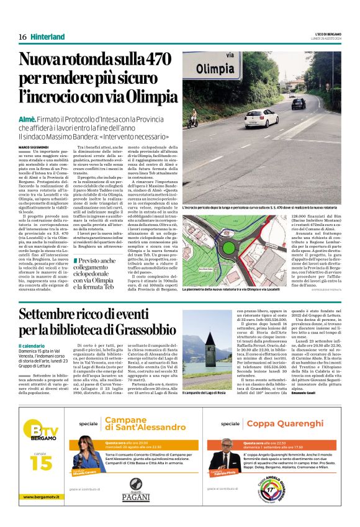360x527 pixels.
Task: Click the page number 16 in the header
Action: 22,37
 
